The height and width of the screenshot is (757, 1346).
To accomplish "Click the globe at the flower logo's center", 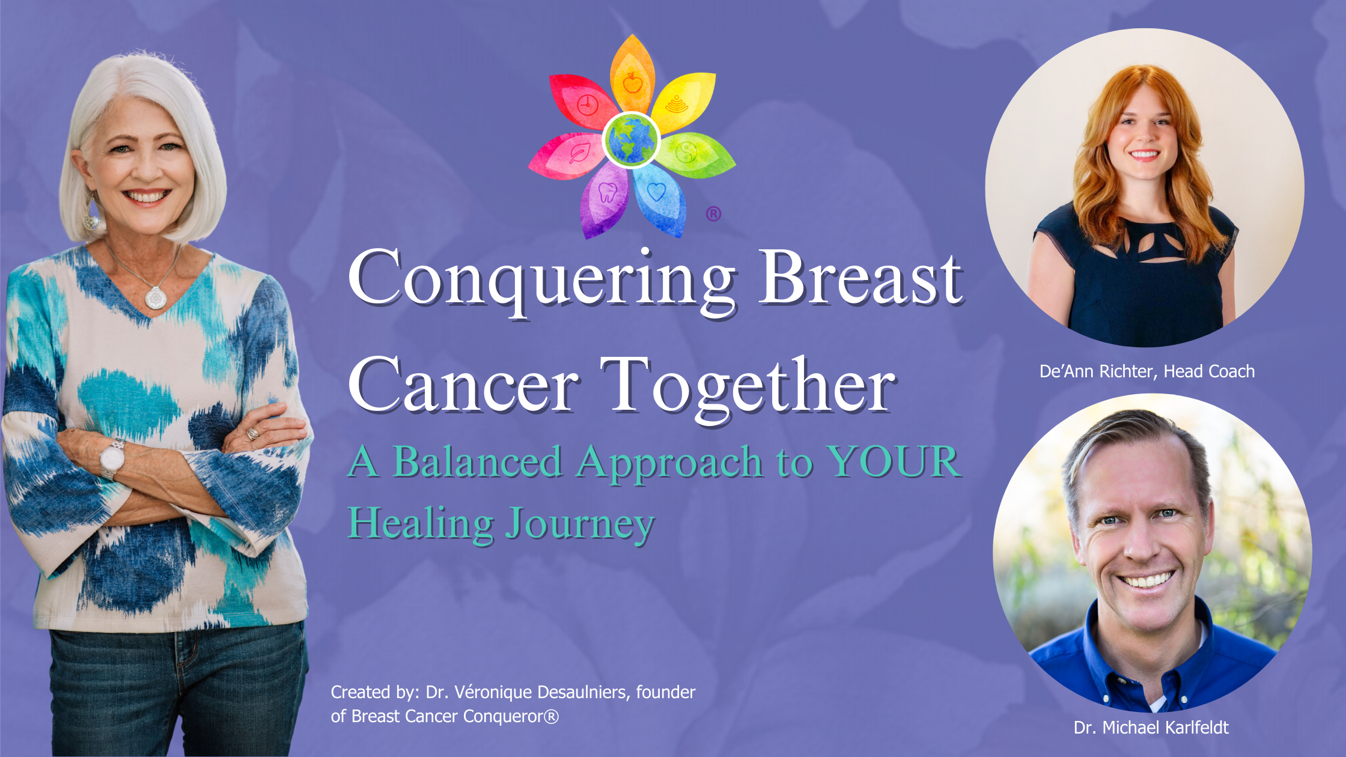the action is pos(632,140).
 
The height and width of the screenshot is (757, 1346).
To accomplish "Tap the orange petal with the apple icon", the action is pos(632,75).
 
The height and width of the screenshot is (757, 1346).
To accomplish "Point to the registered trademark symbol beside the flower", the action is pos(713,214).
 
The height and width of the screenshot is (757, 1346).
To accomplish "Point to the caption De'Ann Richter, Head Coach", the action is pos(1147,371).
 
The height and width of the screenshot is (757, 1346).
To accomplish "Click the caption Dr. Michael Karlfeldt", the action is pos(1151,728).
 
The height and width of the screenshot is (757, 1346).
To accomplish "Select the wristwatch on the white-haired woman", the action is pos(112,460).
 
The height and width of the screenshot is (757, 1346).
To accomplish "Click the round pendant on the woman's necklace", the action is pos(156,297).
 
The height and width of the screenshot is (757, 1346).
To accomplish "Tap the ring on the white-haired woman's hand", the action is pos(252,433).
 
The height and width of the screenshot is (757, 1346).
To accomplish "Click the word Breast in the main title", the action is pos(860,278).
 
